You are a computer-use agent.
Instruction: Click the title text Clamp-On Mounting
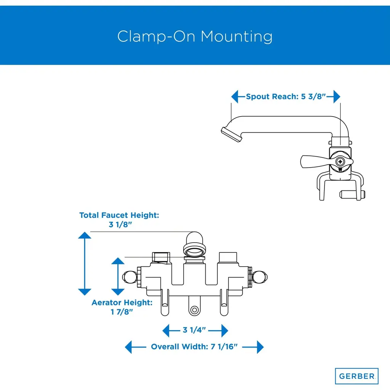click(x=195, y=37)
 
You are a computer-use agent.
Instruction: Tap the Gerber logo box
click(x=356, y=376)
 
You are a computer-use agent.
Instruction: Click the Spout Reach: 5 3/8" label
click(x=286, y=96)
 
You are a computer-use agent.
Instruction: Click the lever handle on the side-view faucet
click(x=315, y=161)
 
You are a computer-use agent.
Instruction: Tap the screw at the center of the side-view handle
click(x=340, y=161)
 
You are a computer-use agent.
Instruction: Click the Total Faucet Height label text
click(x=119, y=215)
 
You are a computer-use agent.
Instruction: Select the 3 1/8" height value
click(x=120, y=225)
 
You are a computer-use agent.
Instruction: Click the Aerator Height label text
click(x=122, y=303)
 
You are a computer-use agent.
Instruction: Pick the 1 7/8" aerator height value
click(x=122, y=312)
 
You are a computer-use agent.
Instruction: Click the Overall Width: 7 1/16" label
click(x=194, y=347)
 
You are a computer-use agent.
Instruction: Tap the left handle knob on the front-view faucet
click(x=129, y=277)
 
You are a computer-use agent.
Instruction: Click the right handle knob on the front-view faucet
click(x=260, y=277)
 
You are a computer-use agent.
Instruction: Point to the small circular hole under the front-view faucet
click(x=195, y=310)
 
